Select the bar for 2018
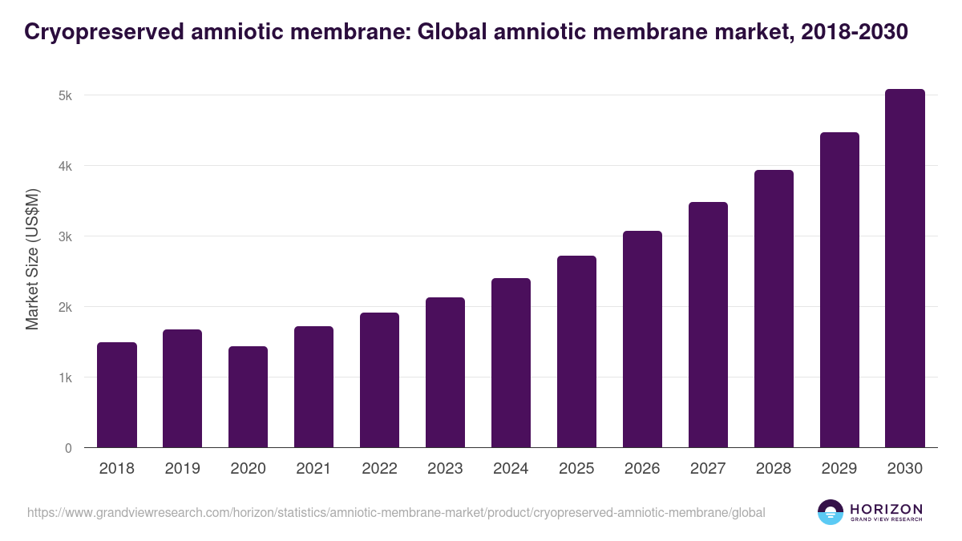(117, 395)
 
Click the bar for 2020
(249, 397)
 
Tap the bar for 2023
(445, 373)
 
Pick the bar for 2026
(642, 339)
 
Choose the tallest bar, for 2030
(905, 268)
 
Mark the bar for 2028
(774, 309)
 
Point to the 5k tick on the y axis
(66, 95)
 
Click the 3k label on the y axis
(66, 236)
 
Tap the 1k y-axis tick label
(66, 377)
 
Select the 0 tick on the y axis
(68, 448)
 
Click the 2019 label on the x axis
(183, 469)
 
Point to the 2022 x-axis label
(379, 469)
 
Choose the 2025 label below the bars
(576, 469)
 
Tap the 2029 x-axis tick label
(839, 469)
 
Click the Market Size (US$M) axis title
(32, 259)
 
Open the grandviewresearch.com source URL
(396, 512)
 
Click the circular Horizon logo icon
(831, 512)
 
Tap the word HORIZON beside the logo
(886, 509)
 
